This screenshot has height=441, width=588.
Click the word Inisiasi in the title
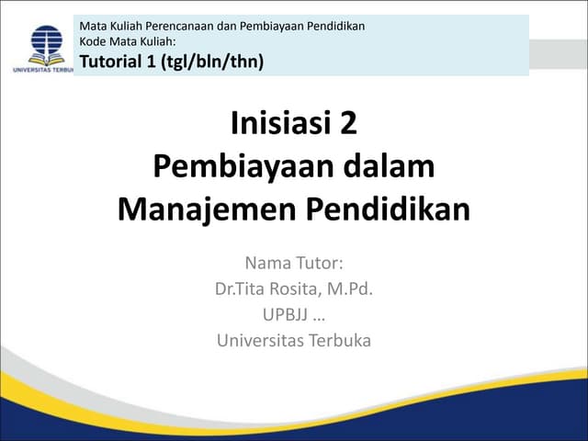coord(276,123)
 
